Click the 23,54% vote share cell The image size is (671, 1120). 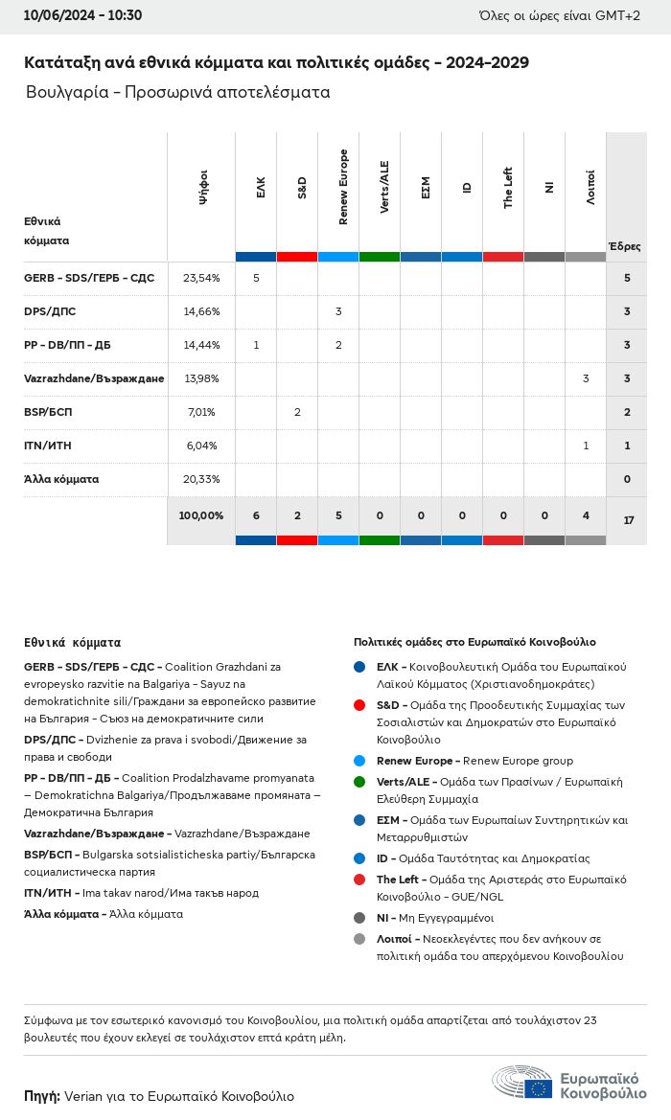[201, 278]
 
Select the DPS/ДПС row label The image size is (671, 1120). [50, 311]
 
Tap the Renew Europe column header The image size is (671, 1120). [343, 188]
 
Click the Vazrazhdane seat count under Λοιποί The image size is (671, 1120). [586, 378]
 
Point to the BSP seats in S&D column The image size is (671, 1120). [297, 412]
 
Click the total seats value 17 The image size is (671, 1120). [628, 520]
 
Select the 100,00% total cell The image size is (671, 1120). [201, 515]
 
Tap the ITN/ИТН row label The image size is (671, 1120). [48, 446]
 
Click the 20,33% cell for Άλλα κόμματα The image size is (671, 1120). [201, 479]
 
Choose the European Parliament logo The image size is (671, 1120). [569, 1082]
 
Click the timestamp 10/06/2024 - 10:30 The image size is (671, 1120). [82, 15]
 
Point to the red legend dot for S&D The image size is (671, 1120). [359, 705]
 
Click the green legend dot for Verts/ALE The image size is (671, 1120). [359, 782]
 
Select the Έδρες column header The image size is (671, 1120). [625, 246]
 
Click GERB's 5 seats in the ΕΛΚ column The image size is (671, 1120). [256, 278]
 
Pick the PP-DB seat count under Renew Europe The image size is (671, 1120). [338, 345]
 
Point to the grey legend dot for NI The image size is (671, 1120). [359, 918]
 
